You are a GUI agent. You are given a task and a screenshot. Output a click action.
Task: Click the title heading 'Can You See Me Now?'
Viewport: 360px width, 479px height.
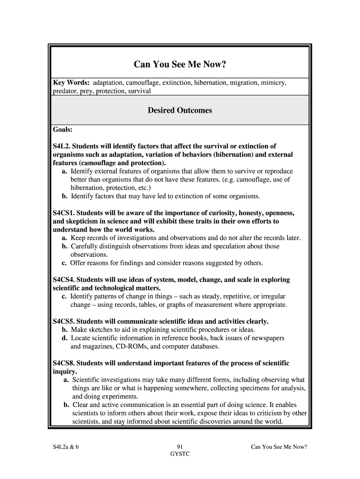(x=180, y=64)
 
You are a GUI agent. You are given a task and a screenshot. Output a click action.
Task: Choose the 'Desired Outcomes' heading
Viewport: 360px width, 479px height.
(x=180, y=110)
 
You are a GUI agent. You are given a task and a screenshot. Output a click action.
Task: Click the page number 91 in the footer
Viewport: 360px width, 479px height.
(x=180, y=447)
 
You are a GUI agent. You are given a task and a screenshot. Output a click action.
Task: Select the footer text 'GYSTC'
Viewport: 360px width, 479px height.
(x=180, y=454)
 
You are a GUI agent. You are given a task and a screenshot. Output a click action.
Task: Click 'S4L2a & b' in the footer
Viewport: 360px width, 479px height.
(x=65, y=447)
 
